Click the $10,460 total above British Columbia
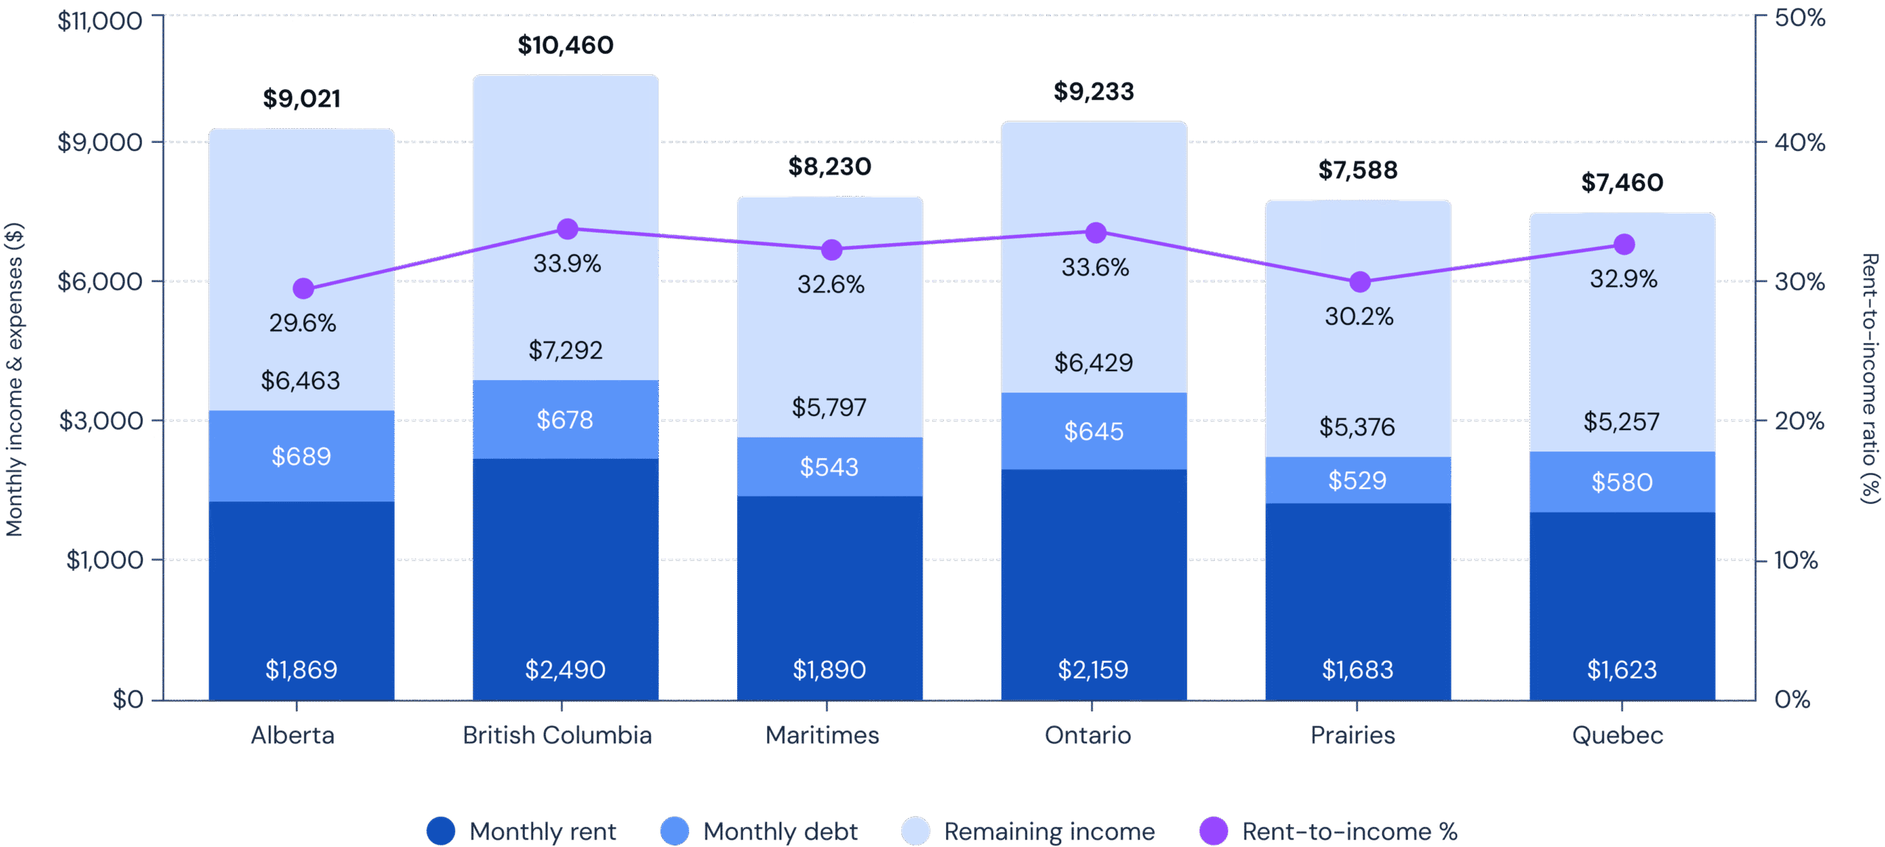565,46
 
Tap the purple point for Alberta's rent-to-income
303,289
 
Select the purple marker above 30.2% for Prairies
1360,282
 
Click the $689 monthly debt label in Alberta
301,457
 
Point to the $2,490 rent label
565,669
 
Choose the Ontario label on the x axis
1088,735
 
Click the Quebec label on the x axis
1617,735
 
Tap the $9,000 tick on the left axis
100,142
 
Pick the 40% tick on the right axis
1799,142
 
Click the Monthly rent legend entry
523,832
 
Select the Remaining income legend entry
1029,832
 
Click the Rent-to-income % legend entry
1329,832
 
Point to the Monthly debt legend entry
760,832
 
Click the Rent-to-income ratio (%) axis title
1871,379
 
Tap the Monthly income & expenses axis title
15,379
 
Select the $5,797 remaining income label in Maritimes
829,407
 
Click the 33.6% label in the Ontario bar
1095,267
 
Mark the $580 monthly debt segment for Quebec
1622,482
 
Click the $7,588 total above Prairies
1358,171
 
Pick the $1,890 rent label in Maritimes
829,669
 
